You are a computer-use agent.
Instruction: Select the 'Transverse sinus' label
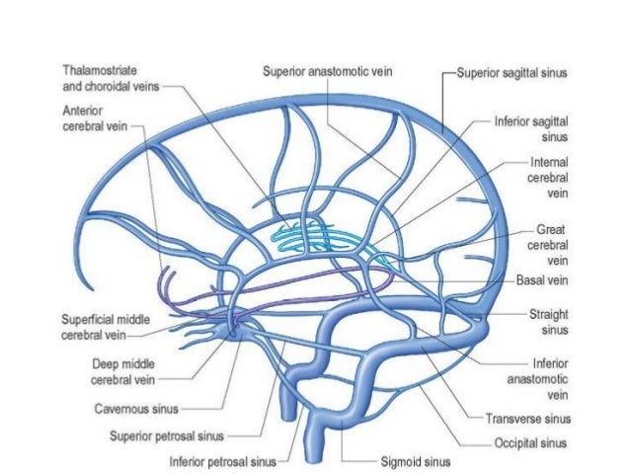[x=530, y=418]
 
